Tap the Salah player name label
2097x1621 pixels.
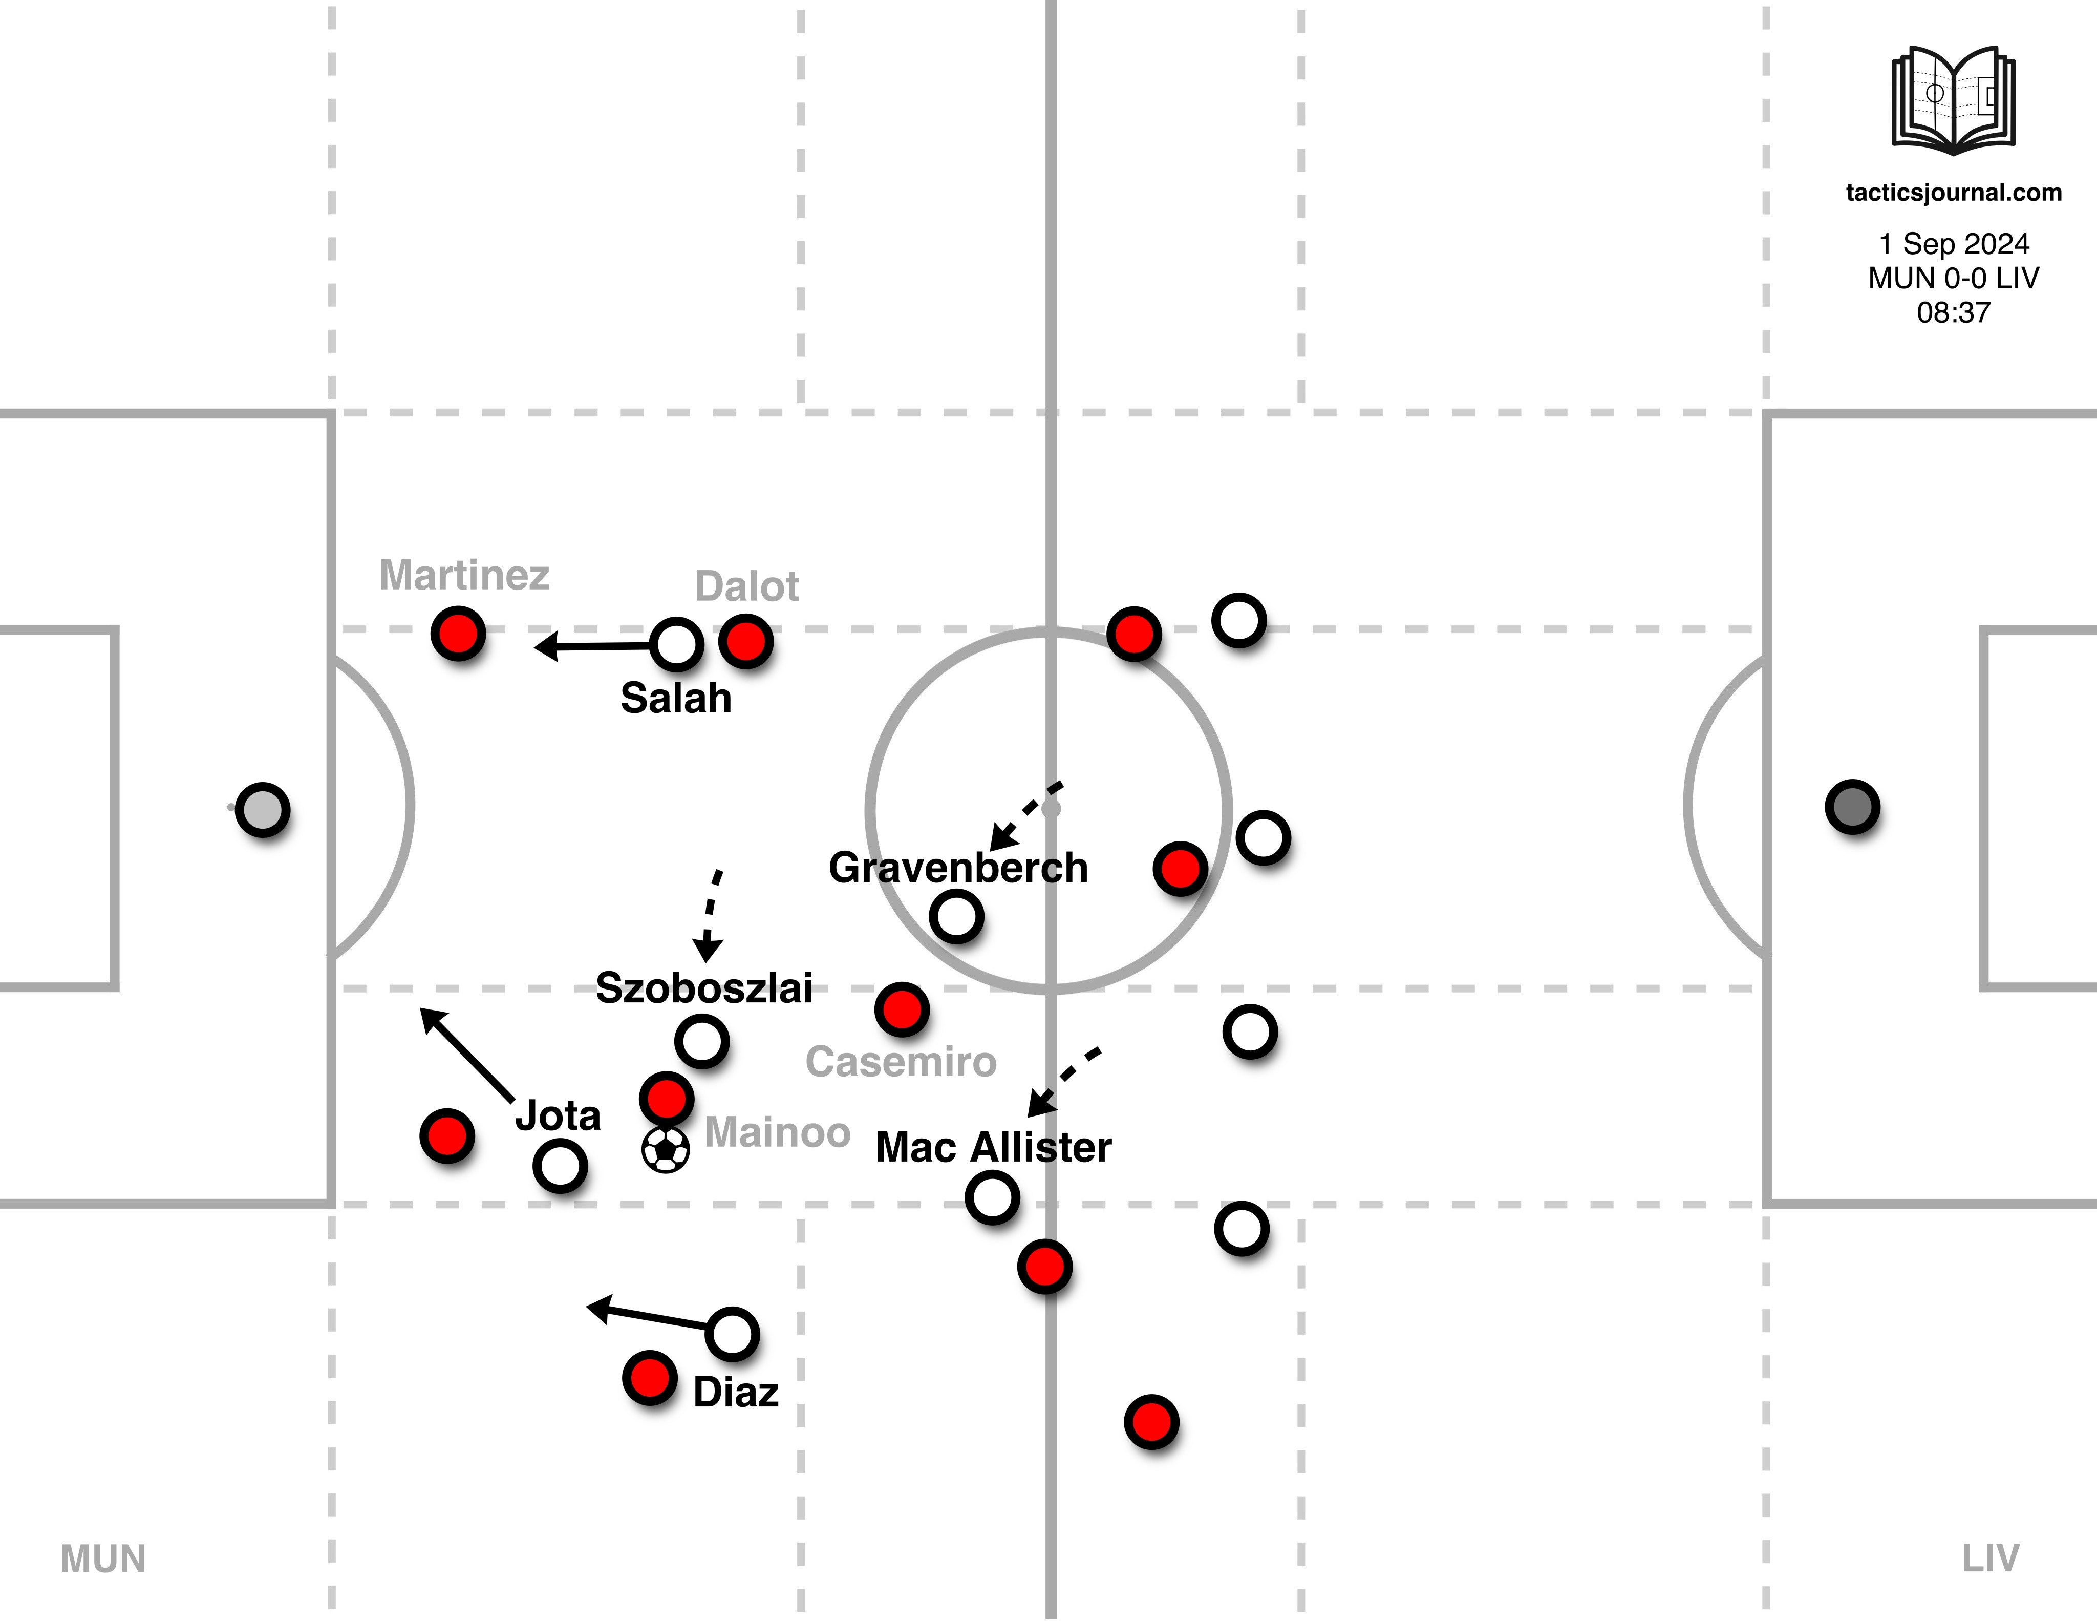coord(676,698)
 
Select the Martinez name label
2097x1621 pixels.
coord(465,575)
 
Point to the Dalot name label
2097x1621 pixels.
coord(746,586)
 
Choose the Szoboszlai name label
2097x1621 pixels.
coord(704,987)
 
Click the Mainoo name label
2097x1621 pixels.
coord(778,1132)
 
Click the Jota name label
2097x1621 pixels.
coord(558,1115)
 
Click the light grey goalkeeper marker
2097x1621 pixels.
coord(262,810)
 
